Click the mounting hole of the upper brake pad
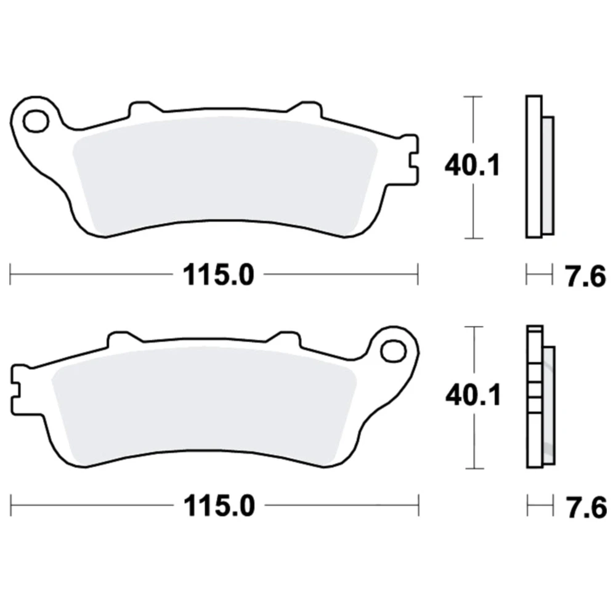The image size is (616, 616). pyautogui.click(x=36, y=121)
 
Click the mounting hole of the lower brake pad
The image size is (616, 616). pyautogui.click(x=393, y=351)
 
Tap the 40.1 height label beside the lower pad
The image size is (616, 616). pyautogui.click(x=473, y=395)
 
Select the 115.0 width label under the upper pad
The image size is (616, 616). pyautogui.click(x=219, y=275)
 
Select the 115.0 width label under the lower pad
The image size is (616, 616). pyautogui.click(x=219, y=506)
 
